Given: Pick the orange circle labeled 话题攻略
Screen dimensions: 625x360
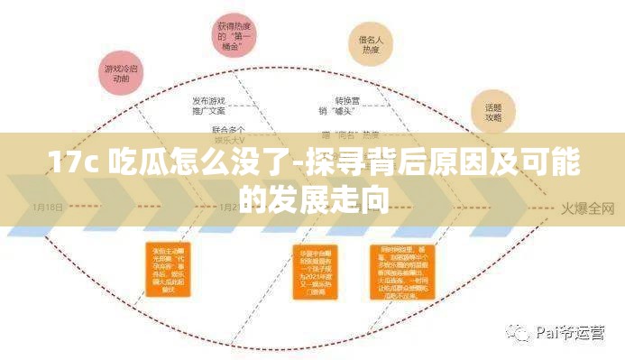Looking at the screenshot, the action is click(x=493, y=112).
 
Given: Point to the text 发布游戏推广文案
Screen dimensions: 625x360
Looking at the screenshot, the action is click(x=208, y=106).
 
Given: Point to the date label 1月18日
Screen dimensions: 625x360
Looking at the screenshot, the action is click(x=48, y=207).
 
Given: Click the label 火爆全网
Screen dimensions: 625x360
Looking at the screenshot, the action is click(x=587, y=208).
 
